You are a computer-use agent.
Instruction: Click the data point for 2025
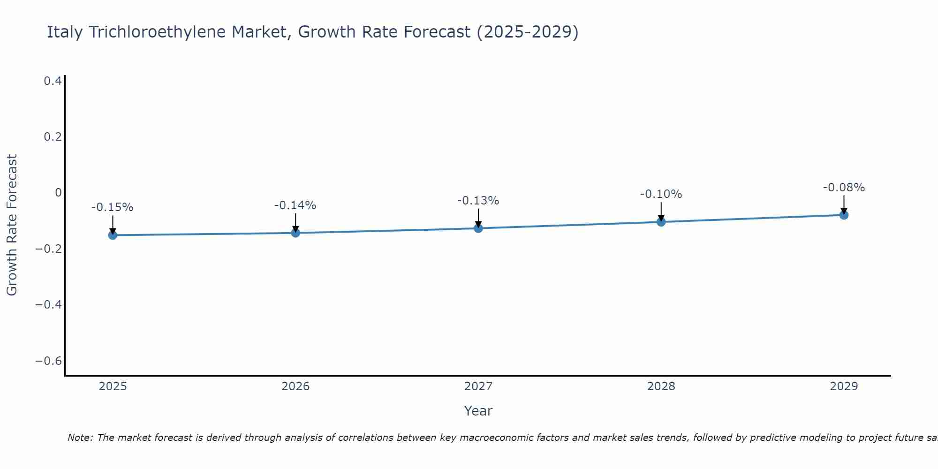113,235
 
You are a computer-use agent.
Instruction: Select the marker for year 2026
295,233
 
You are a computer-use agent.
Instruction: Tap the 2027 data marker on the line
478,228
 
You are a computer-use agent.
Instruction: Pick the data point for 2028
661,222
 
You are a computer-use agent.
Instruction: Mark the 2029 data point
844,215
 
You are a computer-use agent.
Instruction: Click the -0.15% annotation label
113,207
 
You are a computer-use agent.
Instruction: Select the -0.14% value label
295,205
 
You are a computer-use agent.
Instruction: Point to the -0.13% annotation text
478,201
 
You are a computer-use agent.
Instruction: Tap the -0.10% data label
661,194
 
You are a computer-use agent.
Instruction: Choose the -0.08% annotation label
844,188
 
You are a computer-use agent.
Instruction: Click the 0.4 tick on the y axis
53,81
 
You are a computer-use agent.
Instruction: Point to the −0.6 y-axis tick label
49,361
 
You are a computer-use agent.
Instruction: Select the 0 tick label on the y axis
58,193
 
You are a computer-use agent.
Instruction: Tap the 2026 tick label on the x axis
295,386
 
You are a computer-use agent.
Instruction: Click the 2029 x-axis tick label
844,386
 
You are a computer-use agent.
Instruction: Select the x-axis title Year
478,411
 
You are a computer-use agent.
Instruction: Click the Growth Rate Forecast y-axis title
12,225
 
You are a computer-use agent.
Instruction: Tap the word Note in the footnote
80,438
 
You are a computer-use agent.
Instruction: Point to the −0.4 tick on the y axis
49,305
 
